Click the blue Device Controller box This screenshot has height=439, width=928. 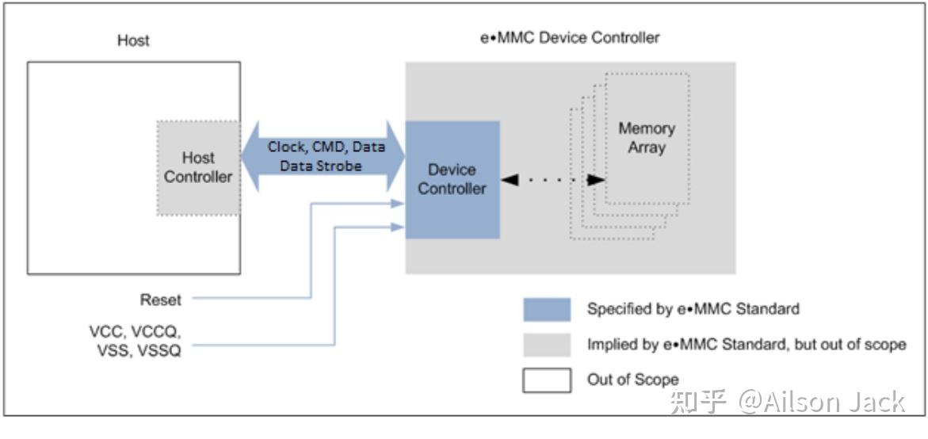452,179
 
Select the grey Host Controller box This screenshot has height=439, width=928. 198,167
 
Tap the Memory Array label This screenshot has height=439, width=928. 647,137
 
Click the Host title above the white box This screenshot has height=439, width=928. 133,40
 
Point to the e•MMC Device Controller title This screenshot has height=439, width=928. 570,37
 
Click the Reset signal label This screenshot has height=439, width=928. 161,300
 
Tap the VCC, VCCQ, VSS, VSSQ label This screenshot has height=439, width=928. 135,341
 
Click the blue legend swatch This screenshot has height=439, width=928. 546,309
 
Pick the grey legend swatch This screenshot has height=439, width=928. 546,345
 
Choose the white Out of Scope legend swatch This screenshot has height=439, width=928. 546,380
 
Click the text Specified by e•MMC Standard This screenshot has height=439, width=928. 693,309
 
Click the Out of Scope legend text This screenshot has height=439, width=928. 632,380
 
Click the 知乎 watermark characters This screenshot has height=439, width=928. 698,402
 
